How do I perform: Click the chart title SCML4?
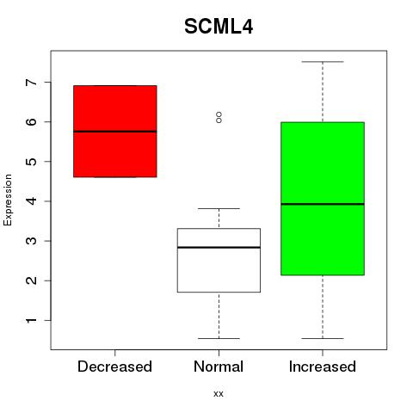(219, 27)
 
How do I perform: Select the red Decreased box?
(115, 132)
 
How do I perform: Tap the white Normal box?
(219, 260)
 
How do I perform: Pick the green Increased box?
(323, 199)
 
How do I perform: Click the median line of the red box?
(115, 132)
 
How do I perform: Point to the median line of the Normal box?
(219, 247)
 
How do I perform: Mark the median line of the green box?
(323, 204)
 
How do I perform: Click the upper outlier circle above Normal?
(219, 114)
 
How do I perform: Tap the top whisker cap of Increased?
(323, 62)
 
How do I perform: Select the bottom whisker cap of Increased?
(323, 338)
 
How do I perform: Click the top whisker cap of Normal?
(219, 208)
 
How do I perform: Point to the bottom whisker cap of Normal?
(219, 338)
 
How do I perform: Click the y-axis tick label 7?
(32, 83)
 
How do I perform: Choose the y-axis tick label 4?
(32, 201)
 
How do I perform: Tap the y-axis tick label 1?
(32, 320)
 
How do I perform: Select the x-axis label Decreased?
(114, 367)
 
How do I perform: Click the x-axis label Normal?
(219, 367)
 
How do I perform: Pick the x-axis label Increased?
(323, 367)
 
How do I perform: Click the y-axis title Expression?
(8, 200)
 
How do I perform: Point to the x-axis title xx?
(219, 394)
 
